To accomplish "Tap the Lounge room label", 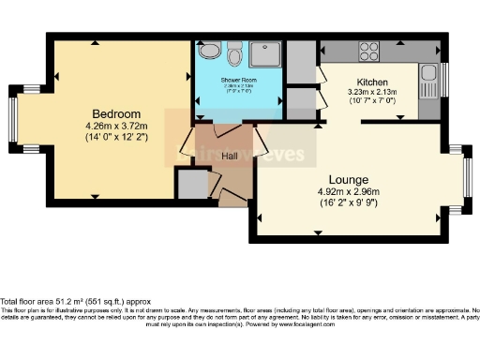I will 347,179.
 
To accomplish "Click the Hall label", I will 230,156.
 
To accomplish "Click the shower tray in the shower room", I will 265,54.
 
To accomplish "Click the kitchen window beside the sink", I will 444,78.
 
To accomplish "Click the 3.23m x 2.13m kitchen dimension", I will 372,92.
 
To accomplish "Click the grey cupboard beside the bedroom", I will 192,185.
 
